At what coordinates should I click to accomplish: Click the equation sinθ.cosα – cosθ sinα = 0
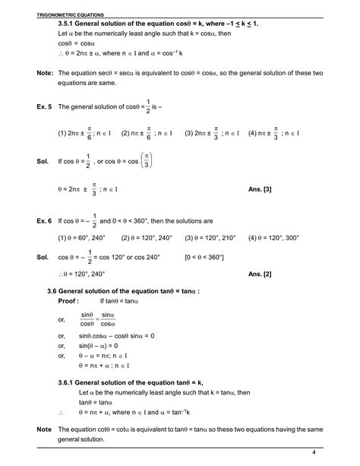[x=128, y=334]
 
